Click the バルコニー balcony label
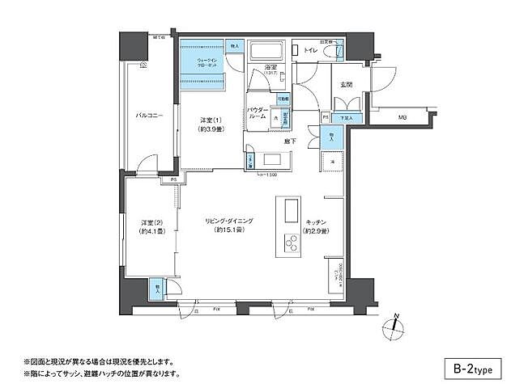click(x=149, y=116)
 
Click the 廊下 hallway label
click(x=290, y=141)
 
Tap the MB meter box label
click(x=402, y=117)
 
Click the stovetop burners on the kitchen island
click(x=288, y=241)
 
